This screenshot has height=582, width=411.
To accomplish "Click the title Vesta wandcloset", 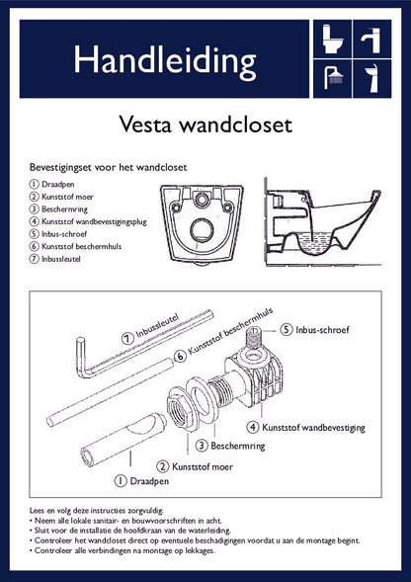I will pyautogui.click(x=205, y=125).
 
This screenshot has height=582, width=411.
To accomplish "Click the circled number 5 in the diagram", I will pyautogui.click(x=287, y=328).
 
